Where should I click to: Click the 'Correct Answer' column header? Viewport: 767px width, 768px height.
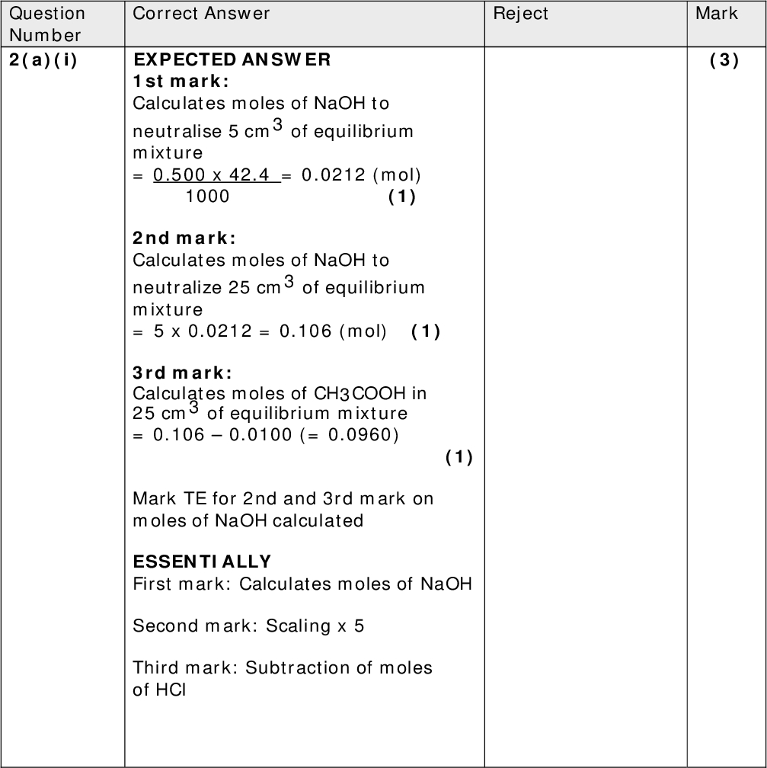[x=201, y=14]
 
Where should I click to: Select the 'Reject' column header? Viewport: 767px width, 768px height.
[x=521, y=14]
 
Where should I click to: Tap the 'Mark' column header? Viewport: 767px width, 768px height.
[x=716, y=14]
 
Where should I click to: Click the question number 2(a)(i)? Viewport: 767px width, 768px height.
[x=43, y=61]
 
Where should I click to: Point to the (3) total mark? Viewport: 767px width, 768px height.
[x=724, y=61]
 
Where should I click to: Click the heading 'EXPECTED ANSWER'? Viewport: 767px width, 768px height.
[x=232, y=60]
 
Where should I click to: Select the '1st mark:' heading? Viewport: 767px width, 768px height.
[x=181, y=82]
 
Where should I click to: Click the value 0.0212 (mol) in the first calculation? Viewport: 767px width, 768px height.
[x=361, y=175]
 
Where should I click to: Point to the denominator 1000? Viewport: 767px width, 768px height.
[x=207, y=197]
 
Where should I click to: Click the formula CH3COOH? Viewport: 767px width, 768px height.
[x=361, y=394]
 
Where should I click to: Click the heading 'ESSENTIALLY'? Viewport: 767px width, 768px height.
[x=202, y=562]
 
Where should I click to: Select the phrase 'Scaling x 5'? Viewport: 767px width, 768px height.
[x=315, y=626]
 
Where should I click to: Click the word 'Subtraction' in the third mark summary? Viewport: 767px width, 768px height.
[x=286, y=668]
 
